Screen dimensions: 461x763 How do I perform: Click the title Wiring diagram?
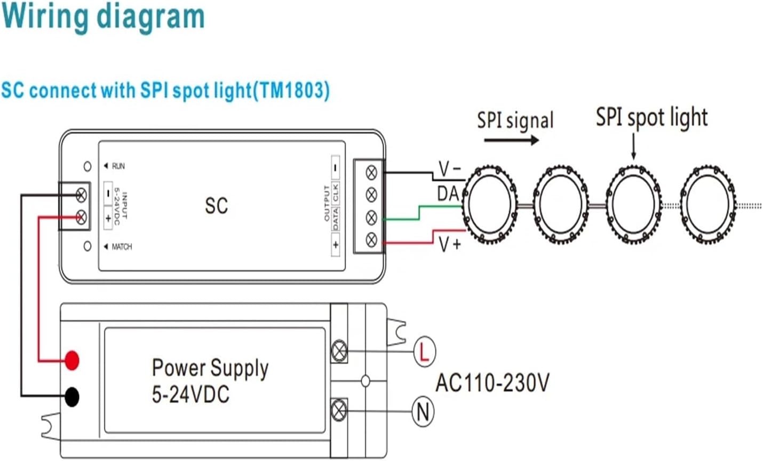(x=103, y=17)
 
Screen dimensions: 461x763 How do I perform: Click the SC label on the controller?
(x=216, y=206)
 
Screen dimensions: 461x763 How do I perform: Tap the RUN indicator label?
(x=118, y=166)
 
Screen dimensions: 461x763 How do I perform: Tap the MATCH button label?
(x=121, y=247)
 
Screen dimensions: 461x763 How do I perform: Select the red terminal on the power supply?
(x=72, y=360)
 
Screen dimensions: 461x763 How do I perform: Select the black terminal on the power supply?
(x=72, y=397)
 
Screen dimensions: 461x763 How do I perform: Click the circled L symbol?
(x=424, y=352)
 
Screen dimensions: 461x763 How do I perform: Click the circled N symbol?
(x=423, y=411)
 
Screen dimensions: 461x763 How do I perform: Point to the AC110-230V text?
(x=492, y=383)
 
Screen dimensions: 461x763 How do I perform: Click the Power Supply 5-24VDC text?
(x=210, y=381)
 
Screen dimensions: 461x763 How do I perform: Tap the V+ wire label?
(x=449, y=245)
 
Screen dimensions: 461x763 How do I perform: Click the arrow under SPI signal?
(x=511, y=141)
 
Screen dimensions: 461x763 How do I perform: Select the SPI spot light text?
(x=651, y=117)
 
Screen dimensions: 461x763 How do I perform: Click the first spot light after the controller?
(x=489, y=205)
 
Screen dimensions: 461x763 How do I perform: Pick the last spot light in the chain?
(x=708, y=205)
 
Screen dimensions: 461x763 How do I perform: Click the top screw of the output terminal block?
(x=371, y=172)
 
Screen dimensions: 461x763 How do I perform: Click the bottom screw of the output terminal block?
(x=371, y=239)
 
